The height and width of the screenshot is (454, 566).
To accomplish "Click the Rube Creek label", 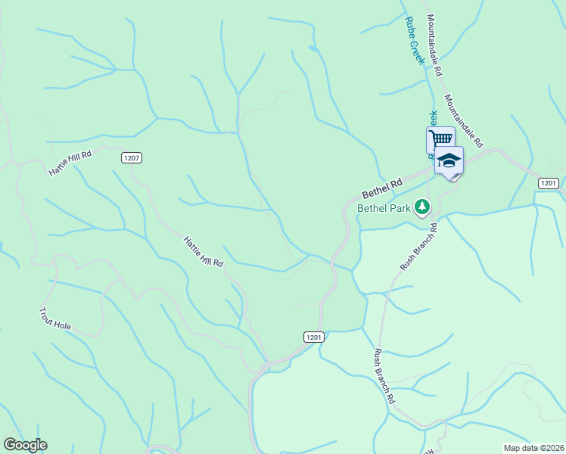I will coord(413,42).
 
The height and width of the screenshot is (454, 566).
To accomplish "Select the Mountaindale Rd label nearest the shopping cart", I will coord(464,122).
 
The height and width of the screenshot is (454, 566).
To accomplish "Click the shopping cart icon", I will coord(440,138).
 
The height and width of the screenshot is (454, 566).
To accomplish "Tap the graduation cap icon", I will coord(449,160).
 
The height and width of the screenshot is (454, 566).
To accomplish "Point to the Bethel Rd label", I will coord(382,185).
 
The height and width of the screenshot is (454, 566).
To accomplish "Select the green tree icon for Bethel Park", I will coord(422,207).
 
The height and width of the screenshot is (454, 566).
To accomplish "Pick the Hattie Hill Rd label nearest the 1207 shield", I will coord(70,163).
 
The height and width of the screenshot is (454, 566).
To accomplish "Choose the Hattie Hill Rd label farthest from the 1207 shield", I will coord(204,252).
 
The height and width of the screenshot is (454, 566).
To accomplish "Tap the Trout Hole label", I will coord(56,319).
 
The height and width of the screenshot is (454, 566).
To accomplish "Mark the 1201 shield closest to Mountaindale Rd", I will coord(549,183).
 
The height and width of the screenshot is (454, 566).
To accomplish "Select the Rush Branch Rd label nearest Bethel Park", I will coord(418,247).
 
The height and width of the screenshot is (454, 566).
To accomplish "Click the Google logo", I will coord(25,445).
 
